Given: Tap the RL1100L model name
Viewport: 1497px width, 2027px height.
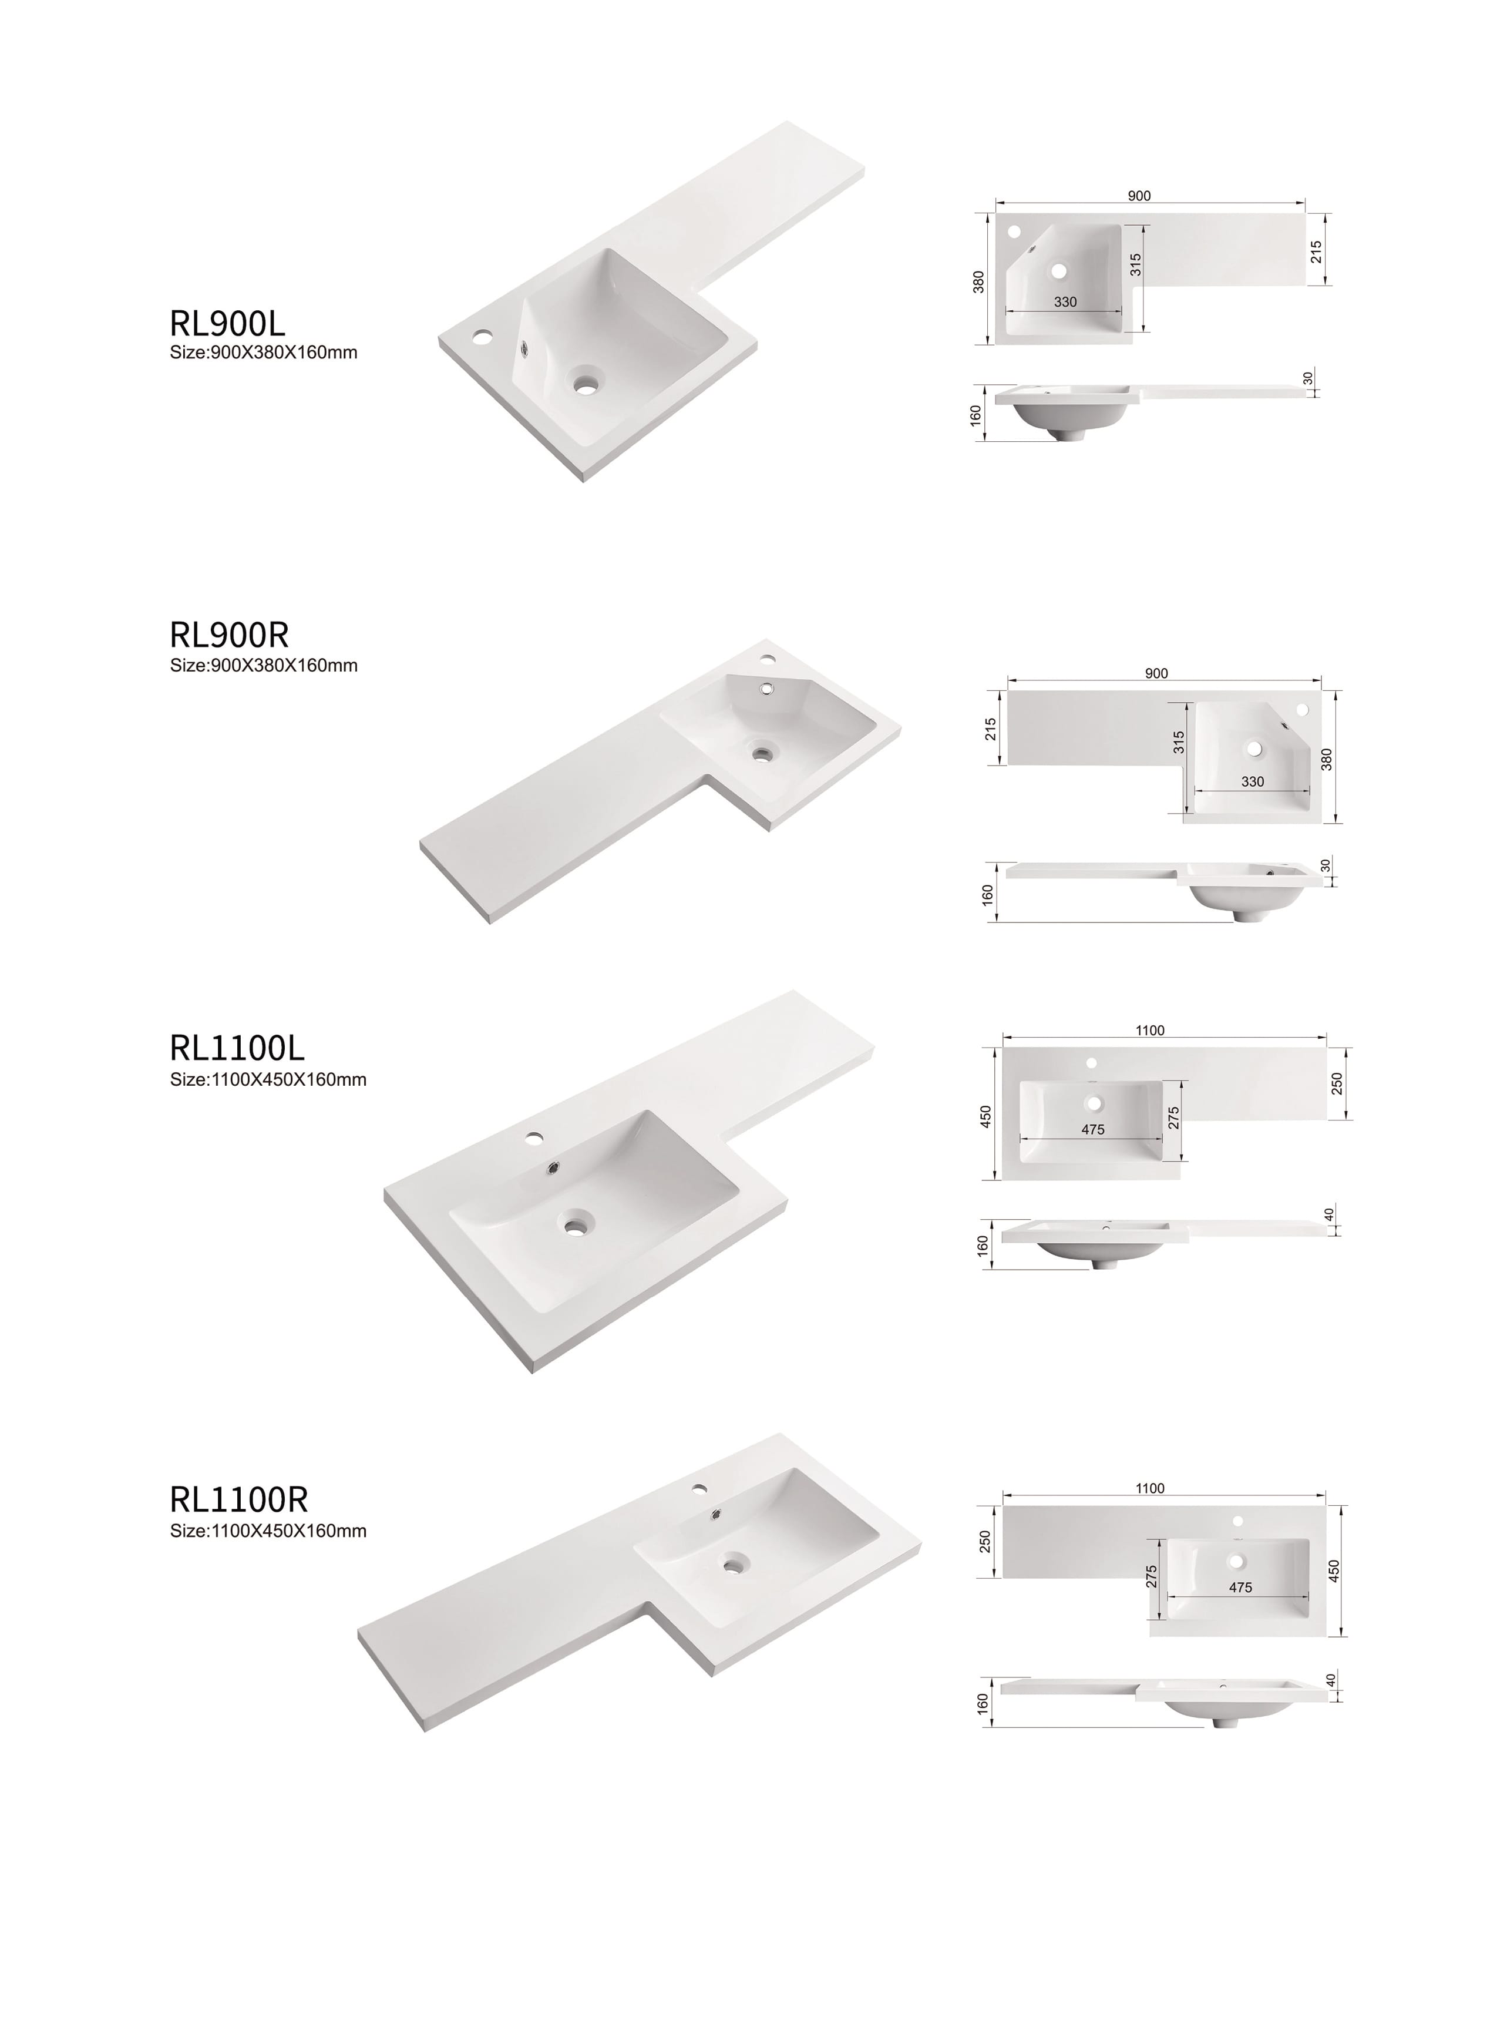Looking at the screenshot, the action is click(237, 1048).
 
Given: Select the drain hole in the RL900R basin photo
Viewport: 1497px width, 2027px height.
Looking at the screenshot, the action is click(764, 751).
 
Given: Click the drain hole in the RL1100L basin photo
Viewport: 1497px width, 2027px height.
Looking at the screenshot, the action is click(574, 1227).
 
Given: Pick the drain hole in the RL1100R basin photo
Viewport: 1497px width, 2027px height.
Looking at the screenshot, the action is click(735, 1562).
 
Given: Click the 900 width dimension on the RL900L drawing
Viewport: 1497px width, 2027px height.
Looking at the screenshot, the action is click(1139, 196).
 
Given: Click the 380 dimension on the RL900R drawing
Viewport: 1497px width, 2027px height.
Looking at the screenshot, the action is click(1327, 759).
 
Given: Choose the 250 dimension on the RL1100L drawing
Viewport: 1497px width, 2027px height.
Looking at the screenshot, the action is click(1337, 1083).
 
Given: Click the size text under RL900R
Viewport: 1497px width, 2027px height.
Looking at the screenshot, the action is click(264, 666).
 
